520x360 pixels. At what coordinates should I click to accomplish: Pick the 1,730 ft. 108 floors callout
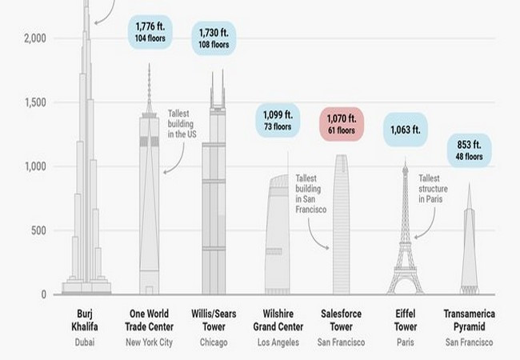213,38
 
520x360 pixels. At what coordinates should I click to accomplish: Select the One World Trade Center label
152,318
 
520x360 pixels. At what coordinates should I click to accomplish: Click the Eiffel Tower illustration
406,240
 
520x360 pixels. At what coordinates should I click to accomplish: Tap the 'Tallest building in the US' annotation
183,125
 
